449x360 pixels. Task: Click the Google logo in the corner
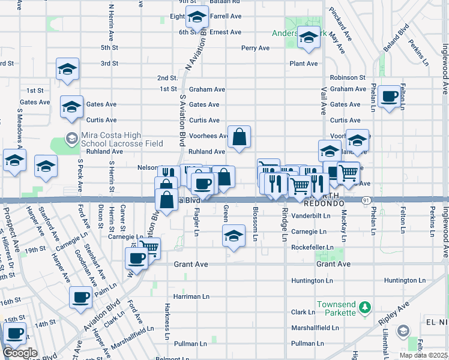tap(20, 353)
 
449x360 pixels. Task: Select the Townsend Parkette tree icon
tap(364, 308)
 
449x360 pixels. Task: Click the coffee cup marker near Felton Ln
tap(390, 96)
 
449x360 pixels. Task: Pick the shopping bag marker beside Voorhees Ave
tap(239, 137)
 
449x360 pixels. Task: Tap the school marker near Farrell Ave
tap(196, 19)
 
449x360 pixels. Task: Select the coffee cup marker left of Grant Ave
tap(137, 259)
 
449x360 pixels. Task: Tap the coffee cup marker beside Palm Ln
tap(80, 297)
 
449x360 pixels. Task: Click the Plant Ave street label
tap(303, 64)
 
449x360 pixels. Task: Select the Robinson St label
tap(348, 78)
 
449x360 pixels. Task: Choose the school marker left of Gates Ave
tap(71, 106)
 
